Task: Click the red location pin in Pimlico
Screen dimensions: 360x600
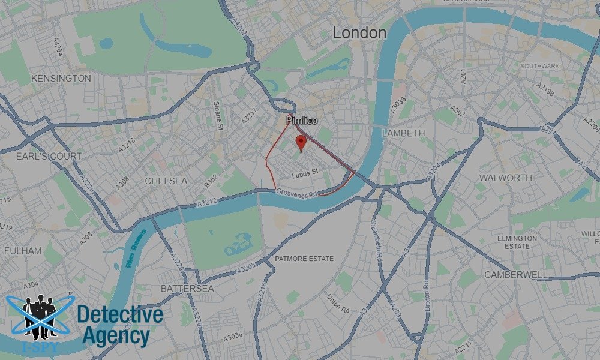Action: tap(301, 143)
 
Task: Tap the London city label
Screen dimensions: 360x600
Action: tap(359, 33)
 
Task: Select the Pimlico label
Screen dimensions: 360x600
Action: tap(302, 121)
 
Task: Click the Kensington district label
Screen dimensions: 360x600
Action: tap(61, 79)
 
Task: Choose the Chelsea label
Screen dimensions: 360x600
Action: tap(166, 181)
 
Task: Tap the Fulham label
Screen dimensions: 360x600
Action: tap(23, 250)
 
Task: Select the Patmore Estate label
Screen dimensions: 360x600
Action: tap(304, 259)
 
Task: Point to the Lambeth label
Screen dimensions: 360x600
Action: tap(403, 133)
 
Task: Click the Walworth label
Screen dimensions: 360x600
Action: tap(505, 178)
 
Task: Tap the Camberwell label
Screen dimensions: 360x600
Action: tap(515, 274)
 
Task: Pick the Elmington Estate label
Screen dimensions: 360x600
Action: tap(517, 242)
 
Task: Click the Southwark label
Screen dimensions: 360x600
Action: tap(540, 65)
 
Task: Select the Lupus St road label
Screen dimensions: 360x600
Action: tap(304, 176)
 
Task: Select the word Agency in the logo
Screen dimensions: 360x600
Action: tap(115, 336)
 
